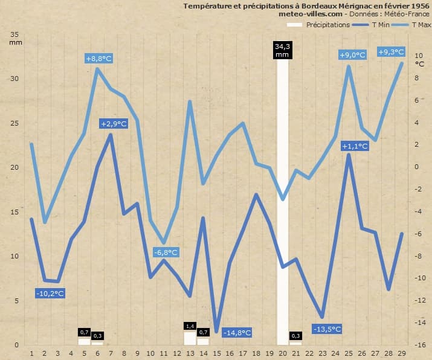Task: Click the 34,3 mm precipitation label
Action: [282, 50]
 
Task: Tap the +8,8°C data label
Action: [99, 59]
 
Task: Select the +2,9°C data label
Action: [114, 124]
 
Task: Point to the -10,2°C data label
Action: [50, 294]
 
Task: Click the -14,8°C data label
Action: [237, 333]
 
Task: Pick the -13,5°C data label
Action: [327, 329]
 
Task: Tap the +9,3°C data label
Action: [391, 52]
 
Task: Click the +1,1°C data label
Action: [355, 146]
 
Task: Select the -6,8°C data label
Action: [165, 252]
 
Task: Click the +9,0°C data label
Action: [353, 55]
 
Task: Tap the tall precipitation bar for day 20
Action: [282, 199]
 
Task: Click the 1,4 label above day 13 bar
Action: [190, 326]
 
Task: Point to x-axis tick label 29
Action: [402, 352]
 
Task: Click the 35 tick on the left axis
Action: [15, 34]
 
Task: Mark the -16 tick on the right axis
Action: [421, 345]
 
